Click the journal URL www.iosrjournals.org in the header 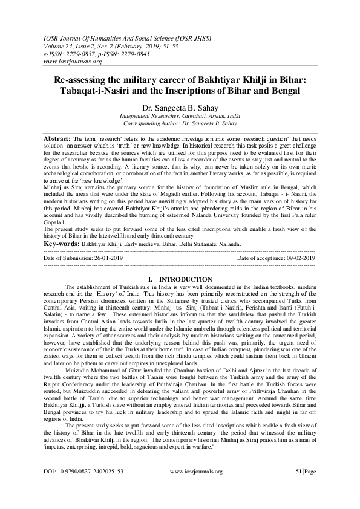pos(71,62)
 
